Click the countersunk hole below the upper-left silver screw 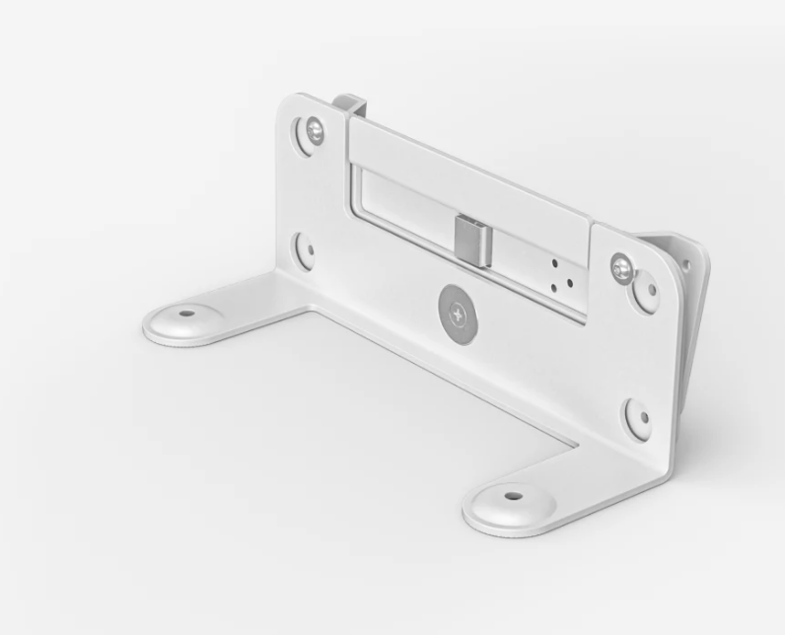[x=307, y=248]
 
